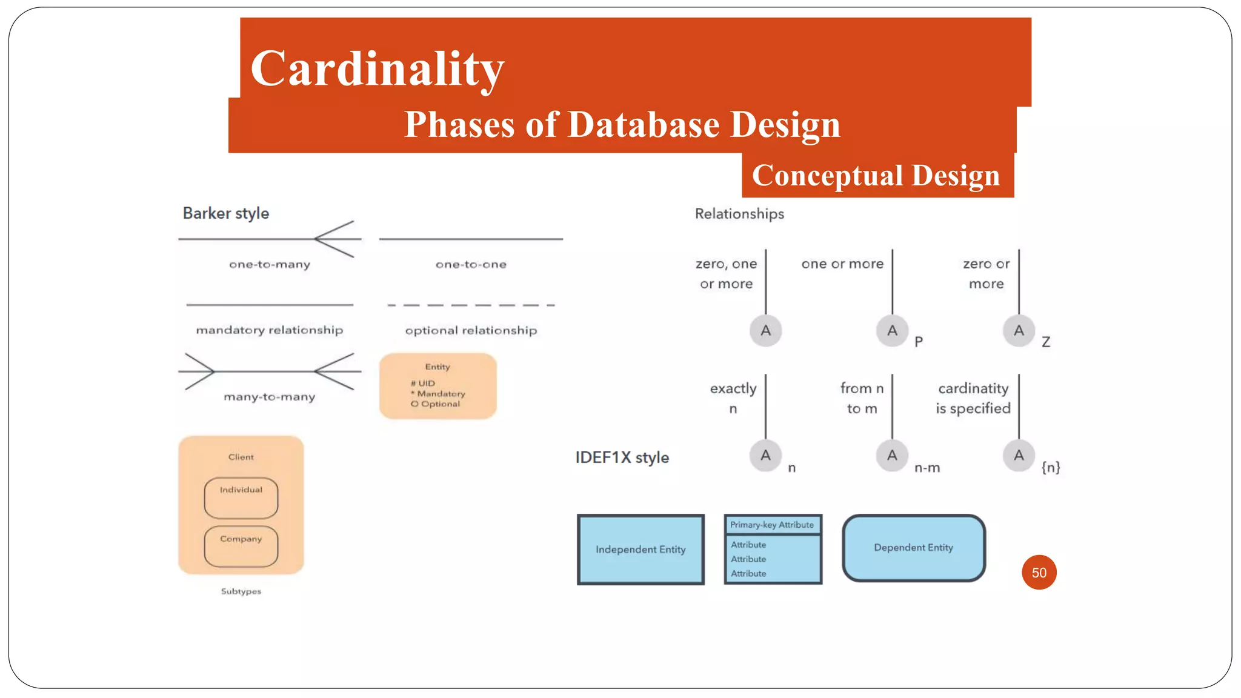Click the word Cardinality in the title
point(377,68)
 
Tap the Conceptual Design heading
point(876,176)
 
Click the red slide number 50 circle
point(1039,573)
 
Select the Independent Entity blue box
point(640,550)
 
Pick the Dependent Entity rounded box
point(913,548)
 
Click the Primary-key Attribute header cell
point(772,525)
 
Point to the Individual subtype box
point(241,498)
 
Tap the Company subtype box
point(241,546)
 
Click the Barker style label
point(225,213)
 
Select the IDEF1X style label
point(622,457)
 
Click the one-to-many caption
point(270,264)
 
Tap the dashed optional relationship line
point(471,305)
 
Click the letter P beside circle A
point(919,342)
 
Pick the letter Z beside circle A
point(1046,342)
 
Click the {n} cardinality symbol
point(1051,467)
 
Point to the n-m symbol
point(927,468)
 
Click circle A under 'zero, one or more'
point(766,331)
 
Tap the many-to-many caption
point(270,397)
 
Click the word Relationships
point(739,214)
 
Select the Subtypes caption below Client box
point(241,591)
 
